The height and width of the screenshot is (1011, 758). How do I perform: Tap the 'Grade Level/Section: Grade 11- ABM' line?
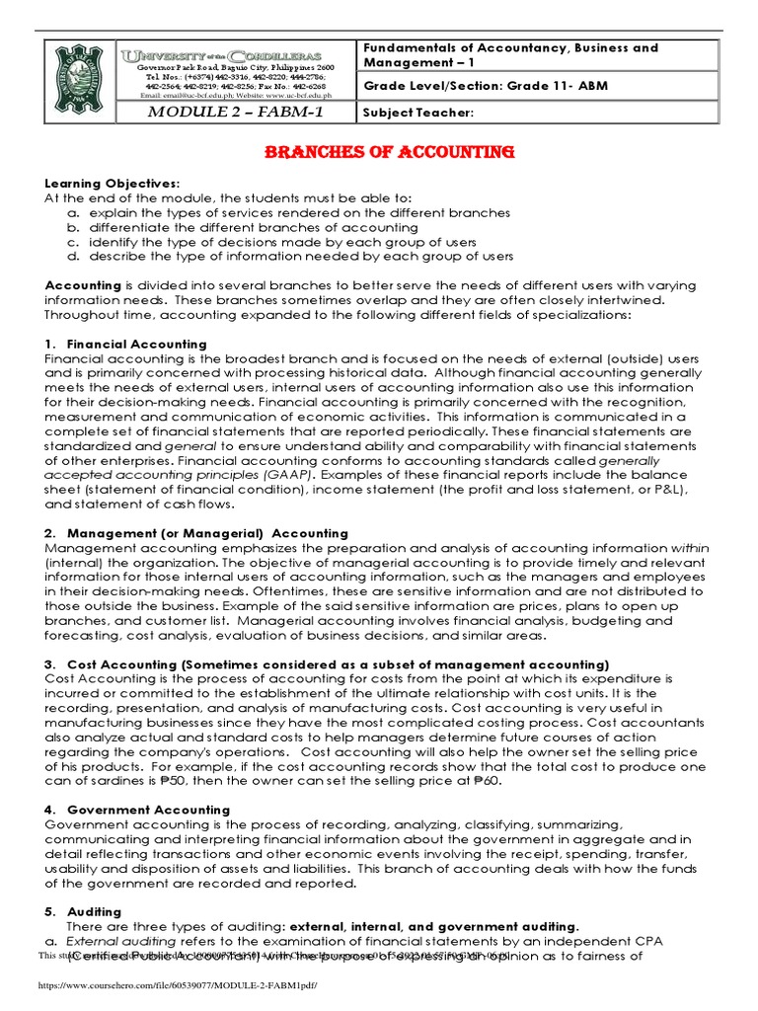(486, 86)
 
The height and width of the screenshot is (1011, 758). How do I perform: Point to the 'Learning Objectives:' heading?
(113, 185)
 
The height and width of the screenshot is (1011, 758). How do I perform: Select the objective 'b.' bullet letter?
(72, 227)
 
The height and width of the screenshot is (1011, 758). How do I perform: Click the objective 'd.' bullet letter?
(72, 256)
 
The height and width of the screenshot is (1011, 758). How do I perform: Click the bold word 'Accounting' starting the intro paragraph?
(83, 285)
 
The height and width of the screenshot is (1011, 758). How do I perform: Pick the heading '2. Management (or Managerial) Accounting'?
(195, 533)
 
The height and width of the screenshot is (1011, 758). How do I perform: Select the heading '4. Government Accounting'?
(137, 810)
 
